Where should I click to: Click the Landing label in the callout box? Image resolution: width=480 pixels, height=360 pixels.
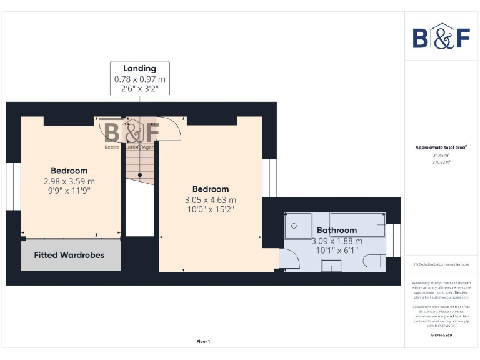point(139,68)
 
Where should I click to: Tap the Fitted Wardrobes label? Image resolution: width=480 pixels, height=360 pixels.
point(69,255)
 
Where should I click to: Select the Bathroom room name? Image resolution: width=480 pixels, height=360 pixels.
point(336,230)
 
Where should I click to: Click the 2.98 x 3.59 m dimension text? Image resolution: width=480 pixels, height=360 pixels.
point(69,181)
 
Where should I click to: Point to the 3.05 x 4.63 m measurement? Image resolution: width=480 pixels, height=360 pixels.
point(210,200)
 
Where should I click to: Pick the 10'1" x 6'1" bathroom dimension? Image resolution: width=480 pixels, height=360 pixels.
point(336,251)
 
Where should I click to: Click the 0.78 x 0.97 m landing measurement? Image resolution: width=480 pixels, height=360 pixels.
point(139,79)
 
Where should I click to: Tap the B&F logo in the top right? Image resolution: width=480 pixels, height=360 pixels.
point(441,37)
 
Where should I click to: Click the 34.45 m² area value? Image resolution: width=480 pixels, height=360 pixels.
point(441,155)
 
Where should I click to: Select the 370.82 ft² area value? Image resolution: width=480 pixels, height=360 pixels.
point(441,162)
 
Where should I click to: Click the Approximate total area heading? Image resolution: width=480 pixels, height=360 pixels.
point(441,147)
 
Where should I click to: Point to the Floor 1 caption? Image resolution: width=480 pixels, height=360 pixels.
point(204,341)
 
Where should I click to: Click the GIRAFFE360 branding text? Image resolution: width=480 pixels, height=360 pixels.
point(441,336)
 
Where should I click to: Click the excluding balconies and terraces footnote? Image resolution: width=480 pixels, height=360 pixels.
point(441,264)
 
